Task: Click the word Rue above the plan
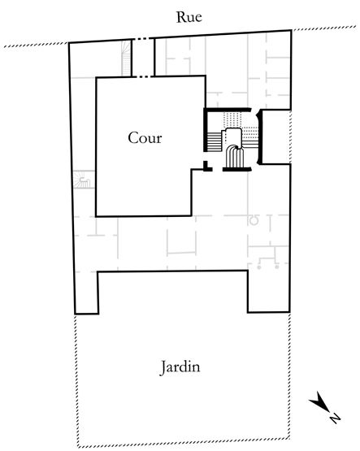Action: coord(189,17)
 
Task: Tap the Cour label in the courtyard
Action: coord(145,138)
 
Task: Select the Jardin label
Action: coord(180,367)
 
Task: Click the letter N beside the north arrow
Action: coord(334,418)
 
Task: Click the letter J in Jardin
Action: coord(163,368)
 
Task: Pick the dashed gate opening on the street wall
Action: coord(143,39)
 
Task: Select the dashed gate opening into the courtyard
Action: coord(143,77)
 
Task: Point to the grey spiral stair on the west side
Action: coord(84,180)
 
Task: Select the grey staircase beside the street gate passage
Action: coord(126,59)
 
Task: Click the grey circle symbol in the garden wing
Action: coord(254,220)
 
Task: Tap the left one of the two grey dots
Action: coord(258,267)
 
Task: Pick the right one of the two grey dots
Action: coord(277,267)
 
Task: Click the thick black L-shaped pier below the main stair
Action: coord(207,167)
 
